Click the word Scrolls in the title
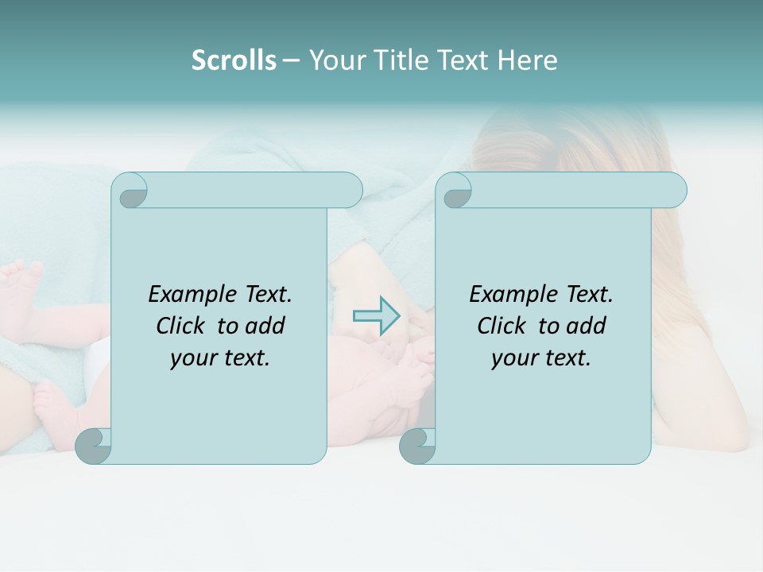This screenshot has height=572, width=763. pyautogui.click(x=234, y=60)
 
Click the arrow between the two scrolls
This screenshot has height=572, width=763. pyautogui.click(x=377, y=315)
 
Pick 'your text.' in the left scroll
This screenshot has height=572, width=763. pyautogui.click(x=220, y=358)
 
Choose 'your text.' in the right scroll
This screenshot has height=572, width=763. pyautogui.click(x=541, y=358)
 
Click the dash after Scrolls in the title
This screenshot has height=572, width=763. pyautogui.click(x=291, y=60)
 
